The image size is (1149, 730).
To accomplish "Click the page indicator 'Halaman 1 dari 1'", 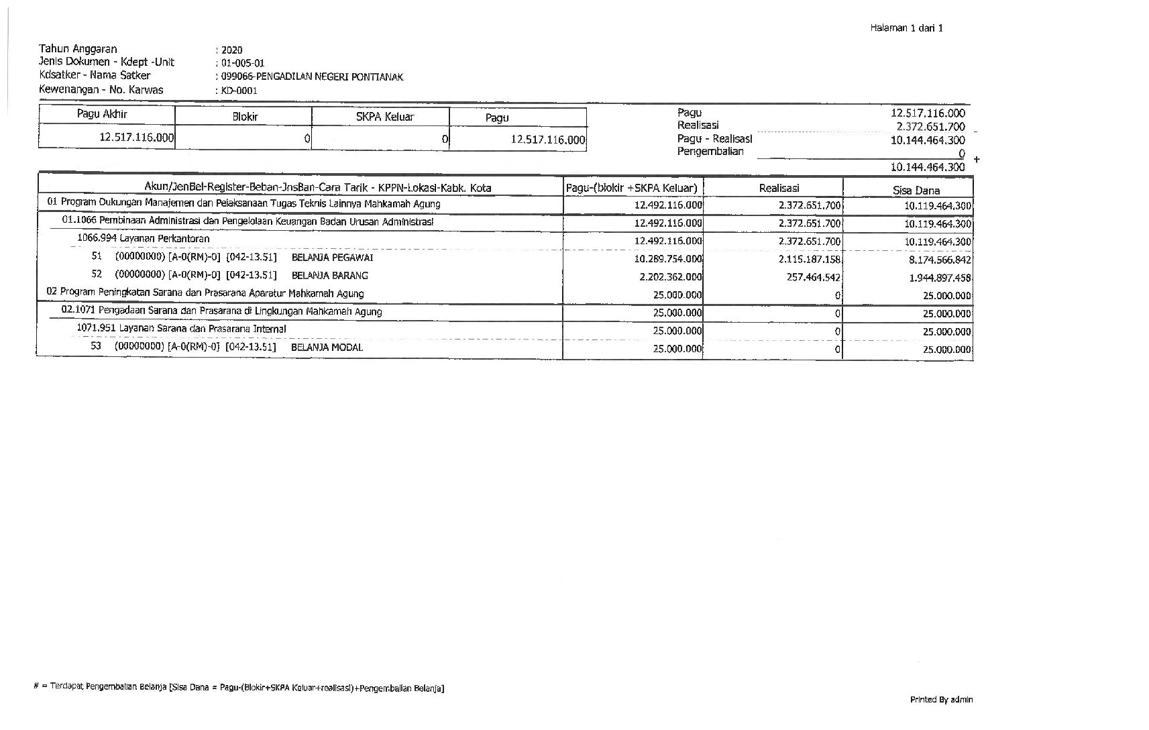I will point(906,28).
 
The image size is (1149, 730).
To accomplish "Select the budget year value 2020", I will point(231,50).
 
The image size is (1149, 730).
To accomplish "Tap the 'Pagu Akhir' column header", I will point(102,114).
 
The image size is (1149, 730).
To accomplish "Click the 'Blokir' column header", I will point(245,117).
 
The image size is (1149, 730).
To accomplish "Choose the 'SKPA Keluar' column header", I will point(385,117).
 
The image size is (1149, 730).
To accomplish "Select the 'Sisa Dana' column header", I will point(916,190).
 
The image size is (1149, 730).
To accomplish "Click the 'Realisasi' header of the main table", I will point(779,189).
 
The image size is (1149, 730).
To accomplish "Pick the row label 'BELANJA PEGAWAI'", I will point(333,258).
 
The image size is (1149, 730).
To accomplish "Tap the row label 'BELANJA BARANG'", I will point(330,276).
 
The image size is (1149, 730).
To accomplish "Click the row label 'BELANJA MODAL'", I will point(327,348).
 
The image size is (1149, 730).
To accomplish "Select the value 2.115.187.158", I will point(810,259).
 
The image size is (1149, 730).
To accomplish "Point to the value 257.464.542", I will point(814,277).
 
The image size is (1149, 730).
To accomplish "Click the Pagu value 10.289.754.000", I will point(668,259).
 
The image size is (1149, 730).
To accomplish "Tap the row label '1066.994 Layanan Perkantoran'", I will point(144,238).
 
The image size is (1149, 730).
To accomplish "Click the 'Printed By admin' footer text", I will point(941,700).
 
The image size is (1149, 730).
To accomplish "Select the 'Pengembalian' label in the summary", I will point(710,152).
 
